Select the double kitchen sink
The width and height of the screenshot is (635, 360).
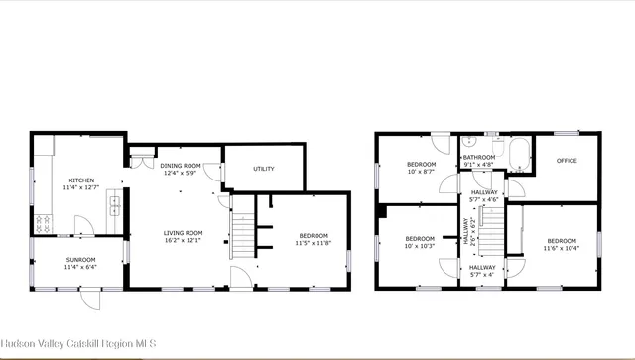click(x=115, y=207)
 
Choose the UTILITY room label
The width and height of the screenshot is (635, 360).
click(x=263, y=169)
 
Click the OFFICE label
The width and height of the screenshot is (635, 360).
click(x=567, y=160)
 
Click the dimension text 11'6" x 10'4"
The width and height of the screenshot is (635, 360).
click(x=561, y=248)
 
